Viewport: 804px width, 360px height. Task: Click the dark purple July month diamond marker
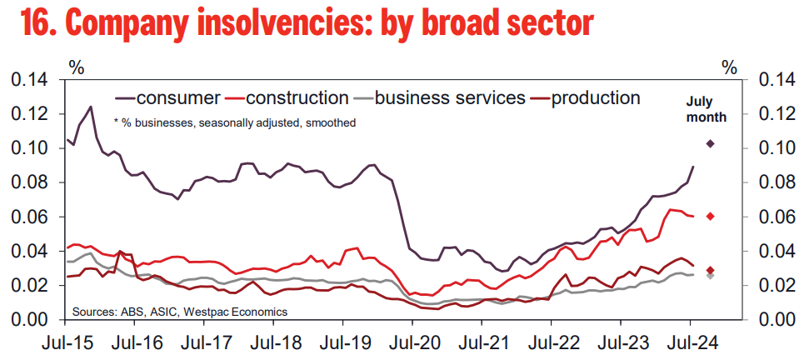[x=710, y=144]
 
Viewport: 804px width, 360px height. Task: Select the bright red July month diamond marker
[x=710, y=217]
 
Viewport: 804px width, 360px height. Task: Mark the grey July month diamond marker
[x=710, y=276]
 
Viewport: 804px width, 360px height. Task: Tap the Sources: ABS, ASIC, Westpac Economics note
[x=180, y=311]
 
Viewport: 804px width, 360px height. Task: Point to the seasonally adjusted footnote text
[x=234, y=122]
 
